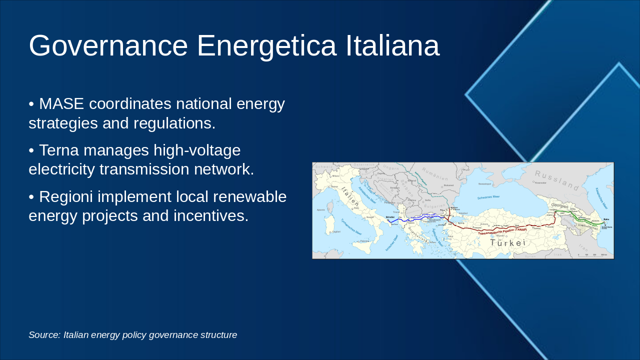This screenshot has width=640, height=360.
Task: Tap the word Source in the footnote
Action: click(x=43, y=335)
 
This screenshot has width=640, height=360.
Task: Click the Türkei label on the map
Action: click(x=507, y=243)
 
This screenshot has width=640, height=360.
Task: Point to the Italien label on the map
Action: click(x=350, y=195)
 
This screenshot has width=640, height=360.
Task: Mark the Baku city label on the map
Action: click(x=606, y=219)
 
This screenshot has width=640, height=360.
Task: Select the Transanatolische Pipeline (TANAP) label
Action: click(x=502, y=231)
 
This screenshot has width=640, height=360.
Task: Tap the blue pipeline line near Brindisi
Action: click(x=400, y=220)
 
